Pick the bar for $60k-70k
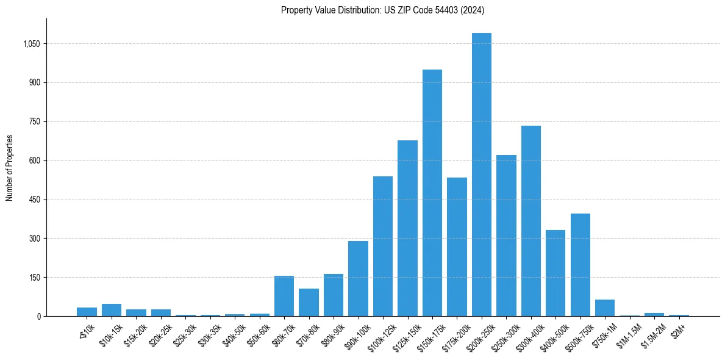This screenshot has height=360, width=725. (284, 296)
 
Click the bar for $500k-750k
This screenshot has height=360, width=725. (580, 265)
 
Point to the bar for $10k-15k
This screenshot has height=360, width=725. (112, 310)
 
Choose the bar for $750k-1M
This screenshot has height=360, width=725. (604, 308)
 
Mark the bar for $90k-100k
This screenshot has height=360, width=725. (358, 278)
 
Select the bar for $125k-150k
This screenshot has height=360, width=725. (407, 228)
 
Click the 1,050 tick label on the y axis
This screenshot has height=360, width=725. (30, 44)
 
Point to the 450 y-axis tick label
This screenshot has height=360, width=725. (34, 200)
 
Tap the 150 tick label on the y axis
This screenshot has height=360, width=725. (34, 278)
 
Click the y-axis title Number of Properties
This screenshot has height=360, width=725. (10, 168)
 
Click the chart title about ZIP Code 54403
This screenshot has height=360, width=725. (382, 10)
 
